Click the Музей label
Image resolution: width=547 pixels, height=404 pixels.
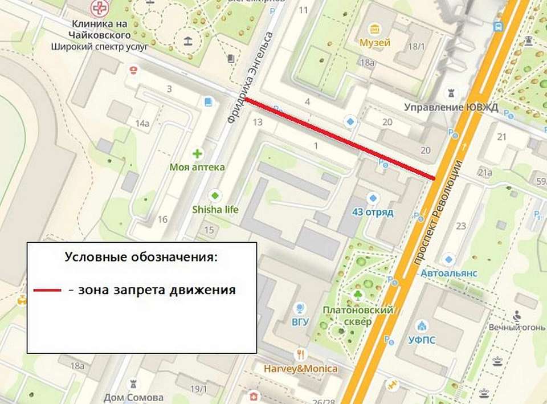[374, 43]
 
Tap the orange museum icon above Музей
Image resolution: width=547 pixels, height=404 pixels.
[374, 29]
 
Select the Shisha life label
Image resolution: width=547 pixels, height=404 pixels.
[215, 209]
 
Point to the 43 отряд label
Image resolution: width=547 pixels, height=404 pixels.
[373, 212]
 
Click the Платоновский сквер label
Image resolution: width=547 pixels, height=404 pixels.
[358, 316]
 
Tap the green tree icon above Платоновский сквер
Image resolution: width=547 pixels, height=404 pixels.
[357, 294]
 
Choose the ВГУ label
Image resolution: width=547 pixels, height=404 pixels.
[300, 321]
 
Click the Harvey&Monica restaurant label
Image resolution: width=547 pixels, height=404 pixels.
[300, 368]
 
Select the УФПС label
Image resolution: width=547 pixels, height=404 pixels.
[422, 340]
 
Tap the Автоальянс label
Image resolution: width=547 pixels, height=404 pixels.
[449, 274]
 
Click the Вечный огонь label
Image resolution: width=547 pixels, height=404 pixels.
[513, 327]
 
